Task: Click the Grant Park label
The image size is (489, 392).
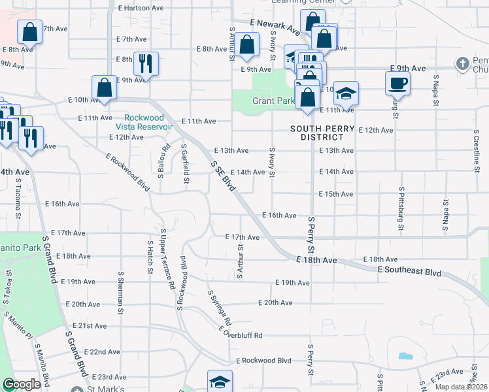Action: pos(273,101)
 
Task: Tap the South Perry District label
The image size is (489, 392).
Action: pos(317,133)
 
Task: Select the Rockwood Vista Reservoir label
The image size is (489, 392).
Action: pos(144,122)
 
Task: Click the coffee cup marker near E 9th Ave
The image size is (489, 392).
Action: pos(397,83)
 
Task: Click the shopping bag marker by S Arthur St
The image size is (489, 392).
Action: pos(247,46)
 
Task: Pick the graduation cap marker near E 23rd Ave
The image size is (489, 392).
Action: pos(220,382)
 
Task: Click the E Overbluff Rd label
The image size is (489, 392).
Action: pos(240,336)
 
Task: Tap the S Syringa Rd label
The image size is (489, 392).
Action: pos(219,308)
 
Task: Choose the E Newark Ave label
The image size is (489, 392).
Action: pos(275,27)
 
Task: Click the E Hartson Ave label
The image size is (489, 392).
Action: pos(141,8)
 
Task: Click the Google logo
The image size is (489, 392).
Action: pos(21,385)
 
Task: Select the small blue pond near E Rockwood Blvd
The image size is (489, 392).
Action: pos(405,357)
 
